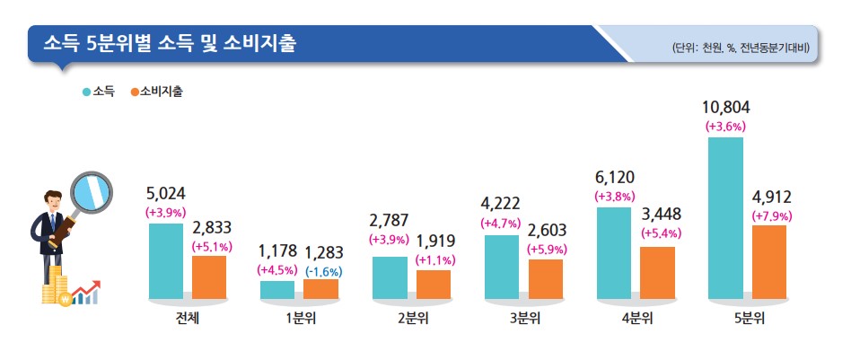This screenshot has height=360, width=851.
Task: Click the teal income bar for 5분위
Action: click(724, 217)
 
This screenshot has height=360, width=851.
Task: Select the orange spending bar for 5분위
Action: click(768, 261)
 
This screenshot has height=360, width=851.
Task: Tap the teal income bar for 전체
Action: click(165, 260)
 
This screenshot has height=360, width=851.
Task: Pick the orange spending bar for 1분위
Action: click(320, 288)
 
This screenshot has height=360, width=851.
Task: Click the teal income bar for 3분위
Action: click(501, 266)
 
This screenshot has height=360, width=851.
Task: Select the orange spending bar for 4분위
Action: click(657, 272)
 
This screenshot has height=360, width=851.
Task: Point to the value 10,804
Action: click(725, 109)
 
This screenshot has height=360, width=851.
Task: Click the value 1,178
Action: click(276, 250)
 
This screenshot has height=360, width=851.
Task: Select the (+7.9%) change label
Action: click(771, 216)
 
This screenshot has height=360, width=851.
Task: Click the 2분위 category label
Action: click(412, 318)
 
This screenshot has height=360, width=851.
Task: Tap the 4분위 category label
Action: click(636, 318)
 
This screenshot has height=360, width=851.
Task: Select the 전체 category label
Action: click(188, 318)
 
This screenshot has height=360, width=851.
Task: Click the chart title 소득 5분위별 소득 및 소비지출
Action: click(171, 43)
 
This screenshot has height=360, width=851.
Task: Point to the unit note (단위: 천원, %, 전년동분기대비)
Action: click(741, 48)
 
